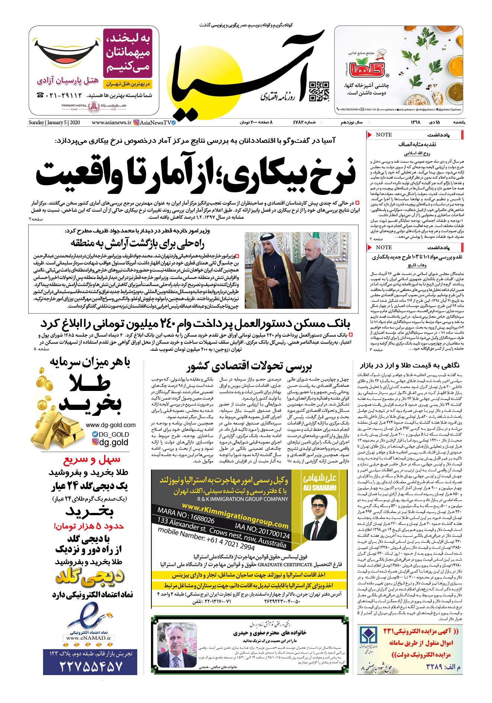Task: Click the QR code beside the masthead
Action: point(319,92)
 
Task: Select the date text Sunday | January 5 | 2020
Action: point(54,122)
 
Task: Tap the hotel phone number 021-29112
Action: point(61,95)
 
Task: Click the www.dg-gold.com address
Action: point(110,425)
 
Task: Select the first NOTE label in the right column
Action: point(384,134)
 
